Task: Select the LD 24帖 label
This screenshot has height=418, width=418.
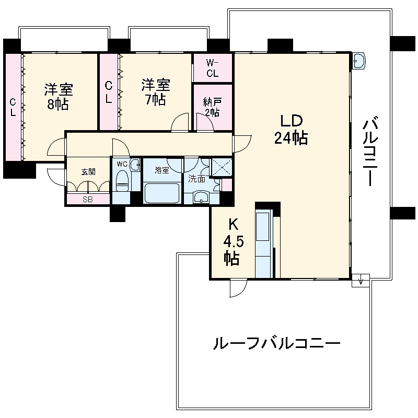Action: [290, 129]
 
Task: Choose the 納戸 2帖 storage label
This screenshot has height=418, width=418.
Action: [212, 107]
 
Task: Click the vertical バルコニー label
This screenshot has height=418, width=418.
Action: [373, 152]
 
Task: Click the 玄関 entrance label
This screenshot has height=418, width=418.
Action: [88, 171]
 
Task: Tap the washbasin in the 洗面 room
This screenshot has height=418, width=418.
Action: [201, 196]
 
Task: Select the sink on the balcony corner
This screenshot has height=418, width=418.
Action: [359, 61]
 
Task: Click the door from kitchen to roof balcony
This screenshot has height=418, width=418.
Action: [238, 287]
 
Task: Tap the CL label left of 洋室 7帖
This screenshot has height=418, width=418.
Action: [108, 92]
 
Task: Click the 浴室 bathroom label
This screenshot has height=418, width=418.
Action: [161, 170]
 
